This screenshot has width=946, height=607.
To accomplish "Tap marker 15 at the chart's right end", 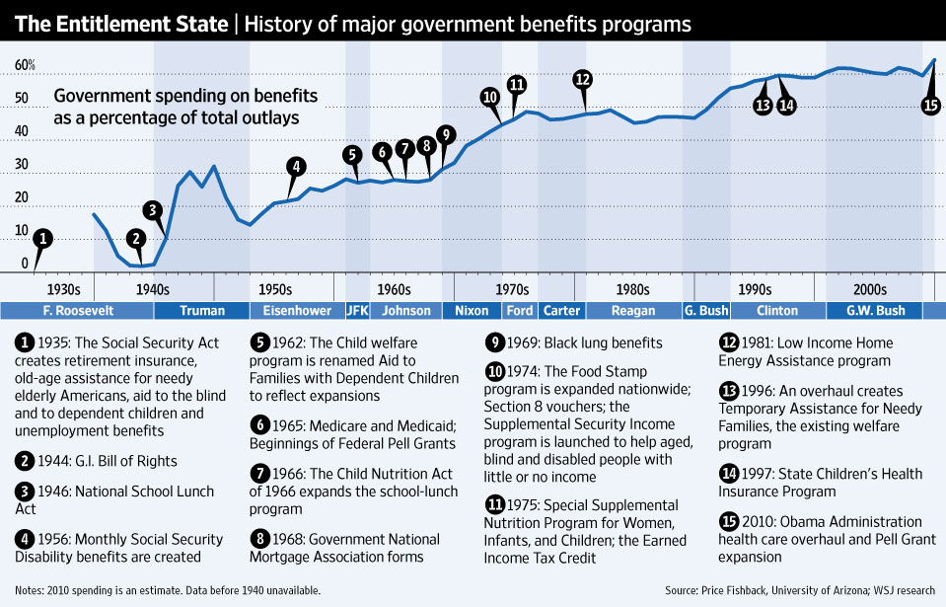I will (x=930, y=105).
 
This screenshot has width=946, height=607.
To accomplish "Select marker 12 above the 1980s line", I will (x=582, y=79).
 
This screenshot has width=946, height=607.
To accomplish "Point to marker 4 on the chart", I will (x=296, y=166).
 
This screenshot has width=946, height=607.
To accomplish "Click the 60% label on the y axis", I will (x=25, y=66).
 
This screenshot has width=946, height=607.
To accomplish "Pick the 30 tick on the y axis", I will (x=21, y=165).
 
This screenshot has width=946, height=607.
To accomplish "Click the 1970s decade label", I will (x=512, y=289).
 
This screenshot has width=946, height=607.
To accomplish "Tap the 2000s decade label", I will (x=870, y=289).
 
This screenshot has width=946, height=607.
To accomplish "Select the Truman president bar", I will (x=202, y=311).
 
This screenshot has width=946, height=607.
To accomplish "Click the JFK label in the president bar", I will (x=358, y=311).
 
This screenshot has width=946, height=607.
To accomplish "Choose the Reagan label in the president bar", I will (x=633, y=311).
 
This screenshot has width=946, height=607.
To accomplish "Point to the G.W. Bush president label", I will (x=875, y=311).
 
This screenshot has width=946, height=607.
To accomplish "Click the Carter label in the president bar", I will (x=561, y=311).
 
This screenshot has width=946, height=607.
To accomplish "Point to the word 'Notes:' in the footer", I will (x=29, y=590).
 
